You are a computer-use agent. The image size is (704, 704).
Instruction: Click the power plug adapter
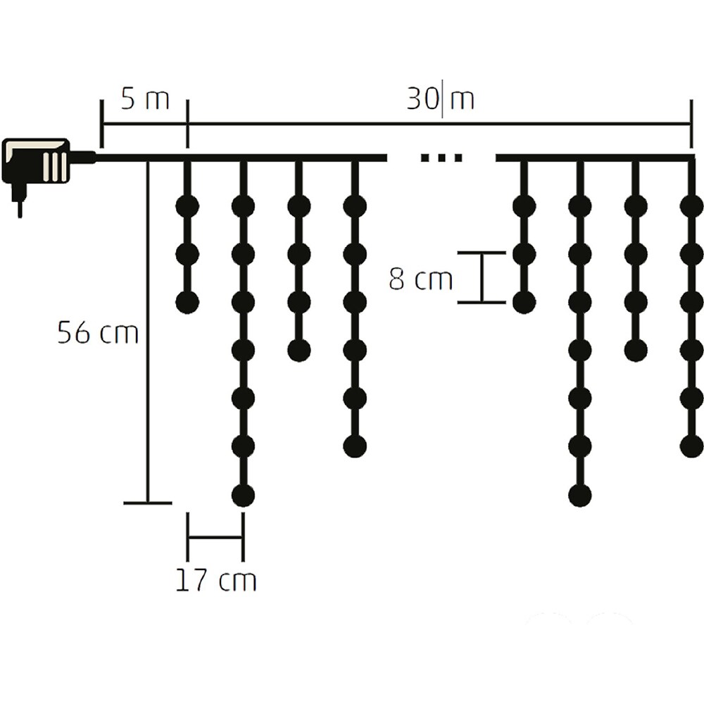pos(37,161)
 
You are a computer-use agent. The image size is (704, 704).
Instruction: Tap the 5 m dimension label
pos(144,100)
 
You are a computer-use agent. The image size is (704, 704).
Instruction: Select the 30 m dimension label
pos(441,100)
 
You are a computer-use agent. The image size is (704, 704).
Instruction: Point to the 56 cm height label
pos(98,332)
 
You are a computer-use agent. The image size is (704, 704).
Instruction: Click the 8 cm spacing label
pos(420,279)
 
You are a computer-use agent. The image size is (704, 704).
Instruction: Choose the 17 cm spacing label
pos(215,581)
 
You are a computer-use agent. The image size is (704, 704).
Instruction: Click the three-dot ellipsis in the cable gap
pos(441,158)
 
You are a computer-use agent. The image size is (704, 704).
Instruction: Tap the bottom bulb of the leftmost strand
pos(187,303)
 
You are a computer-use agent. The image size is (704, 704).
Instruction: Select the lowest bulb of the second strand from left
pos(243,495)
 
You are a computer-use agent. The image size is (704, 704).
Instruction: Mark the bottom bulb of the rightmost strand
pos(691,446)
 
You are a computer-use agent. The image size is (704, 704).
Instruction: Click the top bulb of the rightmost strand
pos(691,206)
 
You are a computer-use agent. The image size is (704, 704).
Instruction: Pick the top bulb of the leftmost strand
pos(187,206)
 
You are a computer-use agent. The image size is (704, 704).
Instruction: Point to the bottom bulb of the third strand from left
pos(299,350)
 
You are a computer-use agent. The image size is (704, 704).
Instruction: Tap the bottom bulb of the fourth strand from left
pos(355,446)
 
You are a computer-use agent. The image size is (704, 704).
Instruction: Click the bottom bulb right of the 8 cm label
pos(524,303)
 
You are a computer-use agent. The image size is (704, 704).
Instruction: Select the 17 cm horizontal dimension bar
pos(215,538)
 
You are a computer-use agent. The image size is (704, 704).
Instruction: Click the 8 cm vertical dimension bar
pos(482,277)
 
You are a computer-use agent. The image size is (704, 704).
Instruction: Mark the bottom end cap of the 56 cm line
pos(148,503)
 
